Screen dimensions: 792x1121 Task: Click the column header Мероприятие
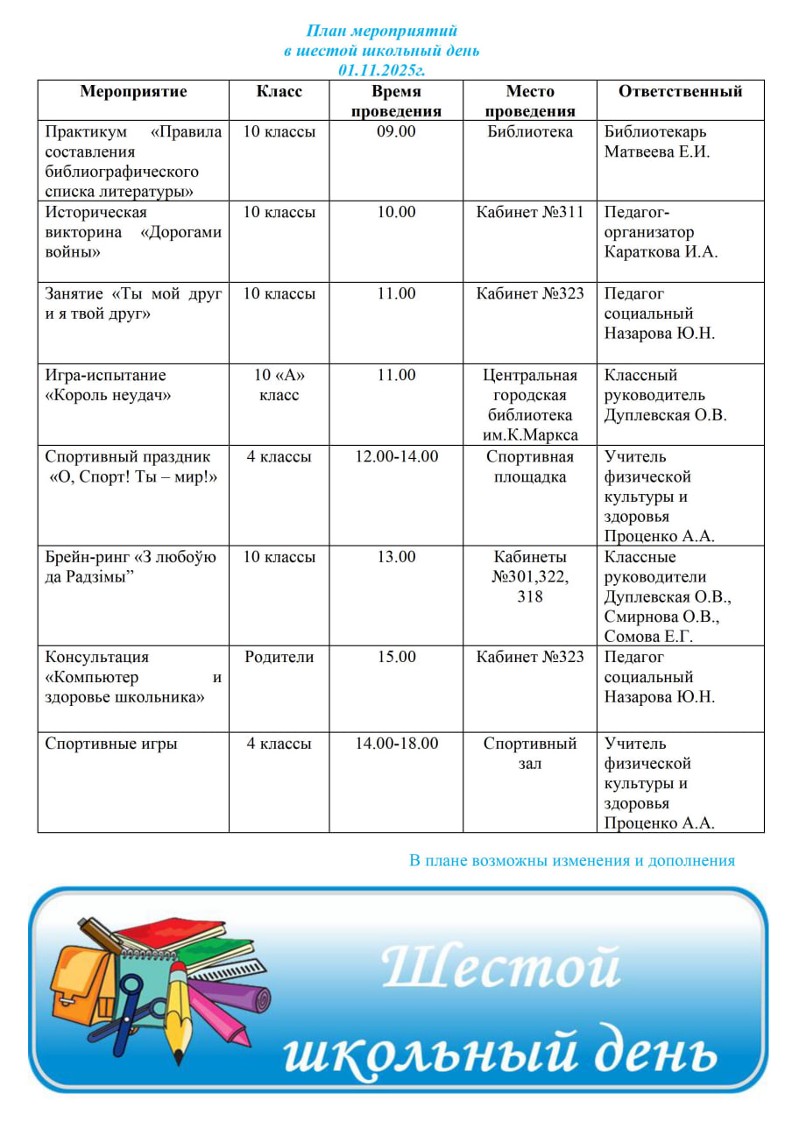(x=133, y=92)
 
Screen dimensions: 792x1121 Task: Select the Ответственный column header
(x=680, y=92)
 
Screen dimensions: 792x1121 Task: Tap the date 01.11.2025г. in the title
(x=381, y=69)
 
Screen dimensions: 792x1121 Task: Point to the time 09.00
(x=396, y=132)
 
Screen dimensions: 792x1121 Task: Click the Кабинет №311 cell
(x=530, y=213)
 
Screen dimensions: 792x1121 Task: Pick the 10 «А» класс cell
(x=279, y=385)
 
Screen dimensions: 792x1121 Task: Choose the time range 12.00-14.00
(x=396, y=456)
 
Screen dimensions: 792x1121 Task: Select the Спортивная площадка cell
(x=530, y=467)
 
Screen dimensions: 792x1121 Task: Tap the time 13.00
(x=396, y=557)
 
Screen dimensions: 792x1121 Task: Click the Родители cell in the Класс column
(x=279, y=658)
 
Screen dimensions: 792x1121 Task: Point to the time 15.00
(x=396, y=658)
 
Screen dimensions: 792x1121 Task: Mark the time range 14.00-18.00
(x=396, y=744)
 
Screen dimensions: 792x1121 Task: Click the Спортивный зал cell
(x=530, y=753)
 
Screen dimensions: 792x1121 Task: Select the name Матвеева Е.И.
(x=657, y=152)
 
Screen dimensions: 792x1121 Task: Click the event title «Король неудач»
(x=108, y=396)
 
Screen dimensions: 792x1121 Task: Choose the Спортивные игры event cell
(x=111, y=744)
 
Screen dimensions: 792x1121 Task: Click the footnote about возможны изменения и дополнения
(x=572, y=861)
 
